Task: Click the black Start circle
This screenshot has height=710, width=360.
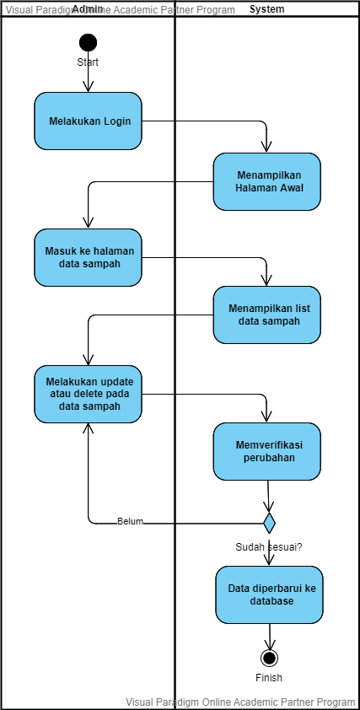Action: [x=88, y=42]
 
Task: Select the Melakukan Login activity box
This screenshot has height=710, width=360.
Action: [x=88, y=121]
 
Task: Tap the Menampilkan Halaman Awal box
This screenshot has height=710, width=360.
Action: [x=266, y=181]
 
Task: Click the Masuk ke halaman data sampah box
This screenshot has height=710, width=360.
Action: [x=88, y=257]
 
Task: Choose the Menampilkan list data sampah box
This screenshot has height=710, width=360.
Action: [x=266, y=315]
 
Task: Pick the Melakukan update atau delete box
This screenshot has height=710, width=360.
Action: [x=88, y=394]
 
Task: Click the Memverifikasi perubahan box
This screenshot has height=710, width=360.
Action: [x=266, y=451]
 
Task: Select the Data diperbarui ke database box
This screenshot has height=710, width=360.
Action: [x=270, y=594]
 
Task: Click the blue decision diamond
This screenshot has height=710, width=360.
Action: [x=269, y=523]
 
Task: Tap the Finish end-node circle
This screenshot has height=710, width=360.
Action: [x=269, y=658]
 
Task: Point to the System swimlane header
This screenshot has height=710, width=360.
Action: [x=266, y=9]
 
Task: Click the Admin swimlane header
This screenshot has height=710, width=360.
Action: [x=88, y=9]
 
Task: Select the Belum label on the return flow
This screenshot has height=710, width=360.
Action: [x=130, y=521]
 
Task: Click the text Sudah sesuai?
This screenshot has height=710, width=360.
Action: [x=269, y=546]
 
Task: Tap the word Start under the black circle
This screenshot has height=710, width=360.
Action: [x=88, y=62]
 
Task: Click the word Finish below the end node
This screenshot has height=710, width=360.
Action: [x=269, y=678]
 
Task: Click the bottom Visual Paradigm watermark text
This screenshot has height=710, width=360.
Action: [x=240, y=702]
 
